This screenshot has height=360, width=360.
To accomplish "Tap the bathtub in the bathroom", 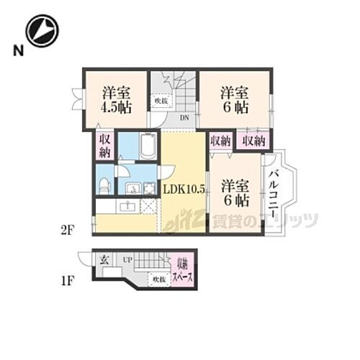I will tap(148, 147).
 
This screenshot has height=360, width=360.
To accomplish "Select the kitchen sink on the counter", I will tap(129, 207).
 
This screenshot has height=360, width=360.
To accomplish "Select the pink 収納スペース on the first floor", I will tap(181, 273).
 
